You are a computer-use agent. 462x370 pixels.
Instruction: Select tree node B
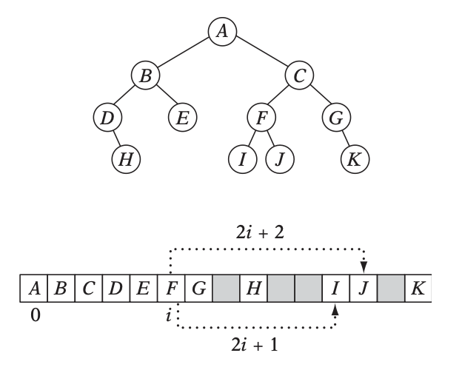click(146, 74)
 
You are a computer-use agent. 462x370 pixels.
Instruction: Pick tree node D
click(109, 116)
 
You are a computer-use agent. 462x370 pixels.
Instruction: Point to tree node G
click(336, 116)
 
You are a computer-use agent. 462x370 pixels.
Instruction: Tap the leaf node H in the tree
click(127, 158)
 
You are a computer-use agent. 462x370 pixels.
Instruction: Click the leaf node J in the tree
click(280, 158)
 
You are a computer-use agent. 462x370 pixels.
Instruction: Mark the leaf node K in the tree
click(355, 158)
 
